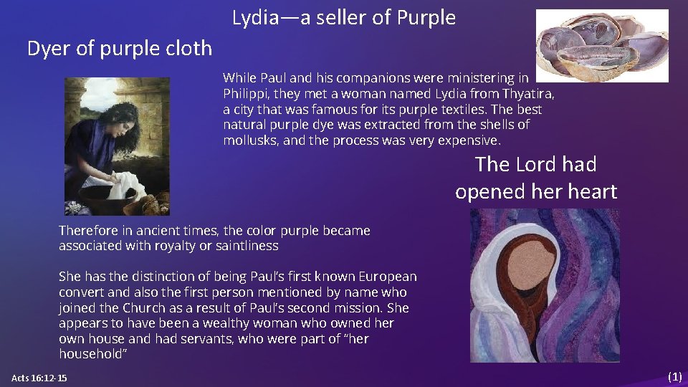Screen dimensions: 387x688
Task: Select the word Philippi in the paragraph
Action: [245, 94]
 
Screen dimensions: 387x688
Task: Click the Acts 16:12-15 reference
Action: [39, 378]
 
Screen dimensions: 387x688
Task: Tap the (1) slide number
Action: [674, 377]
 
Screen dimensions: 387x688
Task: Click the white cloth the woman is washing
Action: [125, 183]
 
